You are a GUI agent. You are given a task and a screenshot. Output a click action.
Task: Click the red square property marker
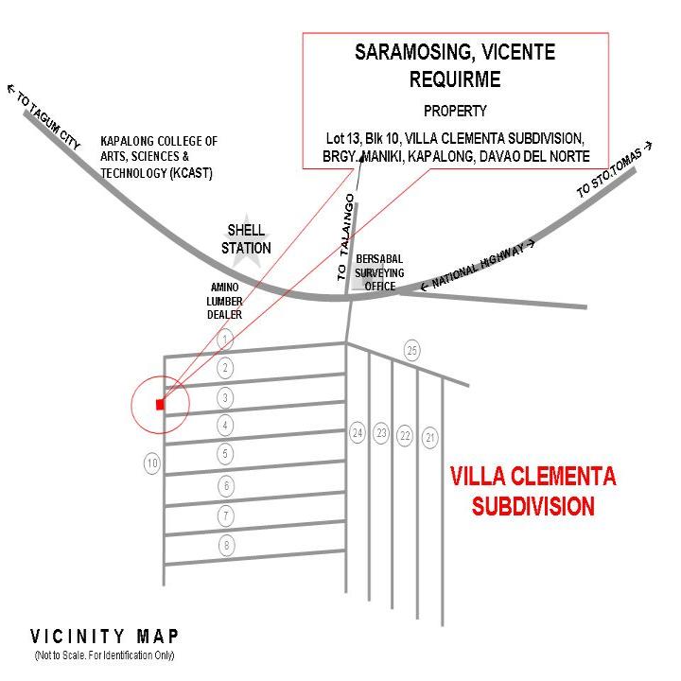[160, 405]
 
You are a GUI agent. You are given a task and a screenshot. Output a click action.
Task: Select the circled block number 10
[152, 463]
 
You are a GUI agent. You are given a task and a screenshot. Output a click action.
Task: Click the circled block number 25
[411, 351]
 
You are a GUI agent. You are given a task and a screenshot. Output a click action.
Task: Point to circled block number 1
[225, 339]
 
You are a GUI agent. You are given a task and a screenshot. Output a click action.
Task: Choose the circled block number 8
[226, 545]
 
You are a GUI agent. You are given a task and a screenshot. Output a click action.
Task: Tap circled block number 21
[431, 437]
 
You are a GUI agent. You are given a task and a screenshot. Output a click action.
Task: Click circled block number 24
[357, 433]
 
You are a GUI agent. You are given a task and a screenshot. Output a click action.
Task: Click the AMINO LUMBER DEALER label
[225, 301]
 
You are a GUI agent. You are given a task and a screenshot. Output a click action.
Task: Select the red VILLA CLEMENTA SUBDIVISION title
[533, 490]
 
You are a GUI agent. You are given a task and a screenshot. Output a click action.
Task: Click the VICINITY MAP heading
[105, 636]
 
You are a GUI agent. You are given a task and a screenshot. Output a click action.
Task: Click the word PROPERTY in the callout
[455, 110]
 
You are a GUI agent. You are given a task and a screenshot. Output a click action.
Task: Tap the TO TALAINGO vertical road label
[345, 236]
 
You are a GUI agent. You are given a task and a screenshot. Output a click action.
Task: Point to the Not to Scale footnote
[105, 655]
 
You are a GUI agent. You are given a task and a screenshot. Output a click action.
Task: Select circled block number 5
[226, 454]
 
